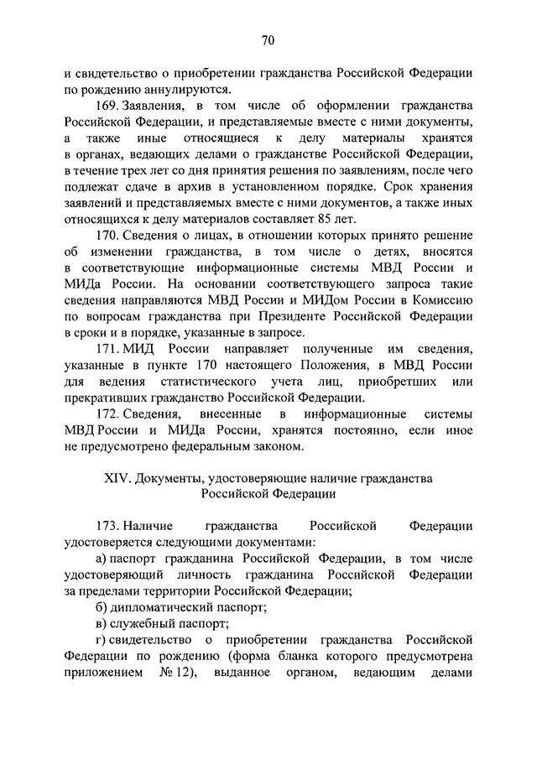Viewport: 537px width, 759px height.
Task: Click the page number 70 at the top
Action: coord(268,40)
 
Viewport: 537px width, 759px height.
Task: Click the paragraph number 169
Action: coord(108,107)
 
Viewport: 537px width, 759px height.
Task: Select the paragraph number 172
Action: coord(108,414)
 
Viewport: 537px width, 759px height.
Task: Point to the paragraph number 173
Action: coord(108,527)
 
